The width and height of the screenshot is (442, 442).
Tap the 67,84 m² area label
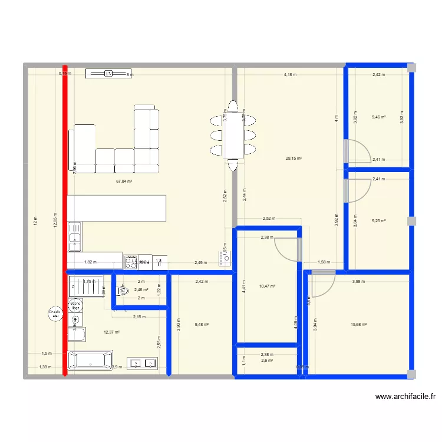124,182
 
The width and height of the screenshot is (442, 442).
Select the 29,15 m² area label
293,158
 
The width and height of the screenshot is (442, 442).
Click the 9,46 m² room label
378,117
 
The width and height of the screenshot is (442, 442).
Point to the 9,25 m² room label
378,221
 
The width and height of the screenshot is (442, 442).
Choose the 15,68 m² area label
359,324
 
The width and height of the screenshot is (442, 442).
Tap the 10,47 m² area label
268,286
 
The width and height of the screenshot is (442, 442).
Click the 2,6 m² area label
267,361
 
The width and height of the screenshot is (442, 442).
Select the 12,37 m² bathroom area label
112,332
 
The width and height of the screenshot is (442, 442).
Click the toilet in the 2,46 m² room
123,291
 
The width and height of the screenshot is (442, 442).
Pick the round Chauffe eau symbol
55,314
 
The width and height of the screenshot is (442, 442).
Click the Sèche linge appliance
75,305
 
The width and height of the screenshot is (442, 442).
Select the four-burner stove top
130,260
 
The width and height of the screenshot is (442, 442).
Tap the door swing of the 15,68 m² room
322,284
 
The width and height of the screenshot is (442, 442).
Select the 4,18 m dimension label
290,75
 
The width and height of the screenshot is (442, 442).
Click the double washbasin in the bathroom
143,364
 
